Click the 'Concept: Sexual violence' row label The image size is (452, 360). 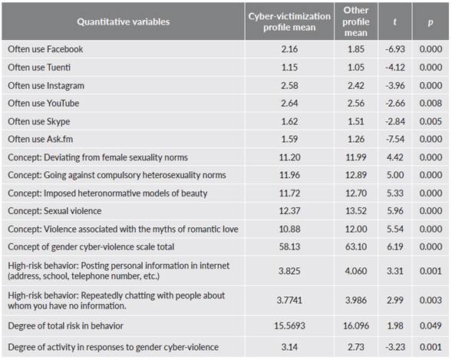[x=54, y=210]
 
